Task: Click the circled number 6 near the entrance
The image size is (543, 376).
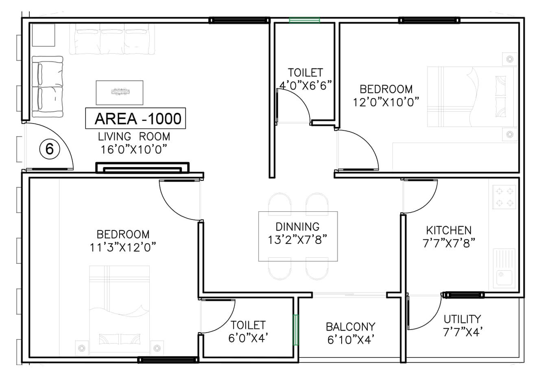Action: pyautogui.click(x=49, y=149)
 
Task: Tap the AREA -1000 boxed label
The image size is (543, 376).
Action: pyautogui.click(x=135, y=119)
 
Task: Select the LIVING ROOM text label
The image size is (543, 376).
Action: pyautogui.click(x=134, y=137)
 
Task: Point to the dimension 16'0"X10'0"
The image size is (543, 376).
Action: pyautogui.click(x=135, y=149)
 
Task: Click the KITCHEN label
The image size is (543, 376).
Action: pyautogui.click(x=449, y=230)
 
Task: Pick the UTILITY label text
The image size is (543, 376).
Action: pyautogui.click(x=462, y=319)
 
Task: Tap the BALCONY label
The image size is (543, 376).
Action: pyautogui.click(x=350, y=327)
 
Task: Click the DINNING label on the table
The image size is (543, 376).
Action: pyautogui.click(x=298, y=227)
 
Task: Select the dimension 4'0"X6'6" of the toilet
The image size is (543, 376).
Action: pyautogui.click(x=305, y=86)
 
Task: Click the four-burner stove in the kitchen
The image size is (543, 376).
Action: pyautogui.click(x=504, y=197)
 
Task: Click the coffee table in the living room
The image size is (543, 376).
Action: pyautogui.click(x=120, y=92)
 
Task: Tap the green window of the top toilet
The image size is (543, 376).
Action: pyautogui.click(x=304, y=20)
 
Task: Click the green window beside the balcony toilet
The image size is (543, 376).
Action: pyautogui.click(x=296, y=330)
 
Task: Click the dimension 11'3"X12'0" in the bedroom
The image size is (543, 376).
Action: pyautogui.click(x=123, y=247)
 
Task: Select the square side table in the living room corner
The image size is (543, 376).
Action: pyautogui.click(x=43, y=35)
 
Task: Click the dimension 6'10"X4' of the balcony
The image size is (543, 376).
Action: pyautogui.click(x=351, y=339)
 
